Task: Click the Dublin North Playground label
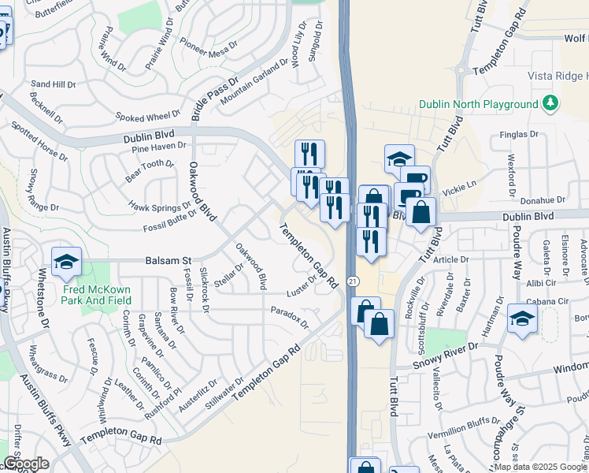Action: [x=479, y=103]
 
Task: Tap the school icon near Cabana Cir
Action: [x=521, y=318]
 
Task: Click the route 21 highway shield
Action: [x=354, y=281]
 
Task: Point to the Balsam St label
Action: [x=168, y=260]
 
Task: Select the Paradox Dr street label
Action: [x=289, y=318]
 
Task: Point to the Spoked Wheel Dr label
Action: [x=147, y=117]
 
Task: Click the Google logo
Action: [x=26, y=464]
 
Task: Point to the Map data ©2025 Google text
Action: [x=541, y=467]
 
